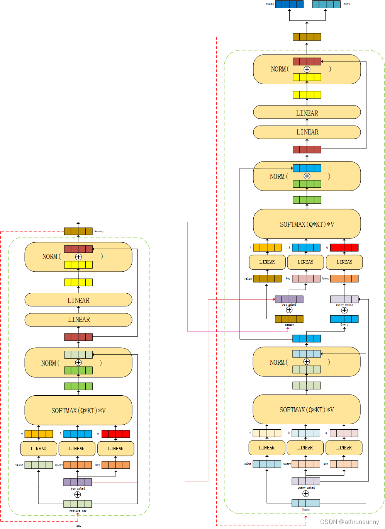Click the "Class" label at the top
click(270, 4)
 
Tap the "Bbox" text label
click(346, 4)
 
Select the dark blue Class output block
click(289, 4)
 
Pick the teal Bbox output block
click(326, 4)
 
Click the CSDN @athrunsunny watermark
click(349, 522)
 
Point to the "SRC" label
click(78, 526)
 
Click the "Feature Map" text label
click(78, 510)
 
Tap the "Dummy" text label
click(306, 510)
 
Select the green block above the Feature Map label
click(78, 504)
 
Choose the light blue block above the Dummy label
click(306, 503)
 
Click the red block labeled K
click(115, 434)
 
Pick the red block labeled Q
click(344, 248)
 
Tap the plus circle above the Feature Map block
click(78, 495)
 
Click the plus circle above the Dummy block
click(306, 493)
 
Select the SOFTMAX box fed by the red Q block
click(307, 224)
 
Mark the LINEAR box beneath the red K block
click(115, 449)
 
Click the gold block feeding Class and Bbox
click(307, 37)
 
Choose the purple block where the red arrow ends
click(289, 299)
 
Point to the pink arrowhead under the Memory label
click(288, 329)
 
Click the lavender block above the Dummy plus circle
click(306, 481)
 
